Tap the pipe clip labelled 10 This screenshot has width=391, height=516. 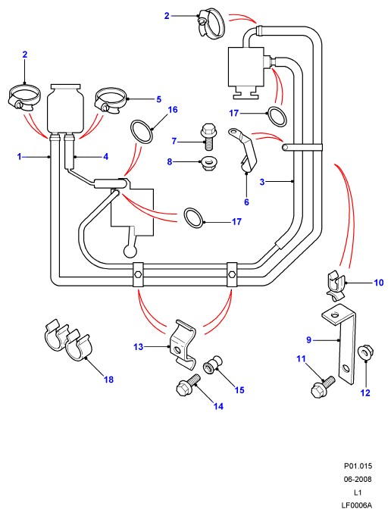pos(336,285)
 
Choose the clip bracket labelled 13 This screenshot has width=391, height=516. pos(183,344)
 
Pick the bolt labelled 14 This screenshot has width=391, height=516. pos(189,385)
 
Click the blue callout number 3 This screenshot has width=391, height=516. pos(262,182)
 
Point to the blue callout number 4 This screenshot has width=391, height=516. pos(105,157)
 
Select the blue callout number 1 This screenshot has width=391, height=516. pos(19,157)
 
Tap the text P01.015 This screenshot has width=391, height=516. pos(358,466)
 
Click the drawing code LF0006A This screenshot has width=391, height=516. pos(356,505)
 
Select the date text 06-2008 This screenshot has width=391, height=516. pos(358,479)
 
